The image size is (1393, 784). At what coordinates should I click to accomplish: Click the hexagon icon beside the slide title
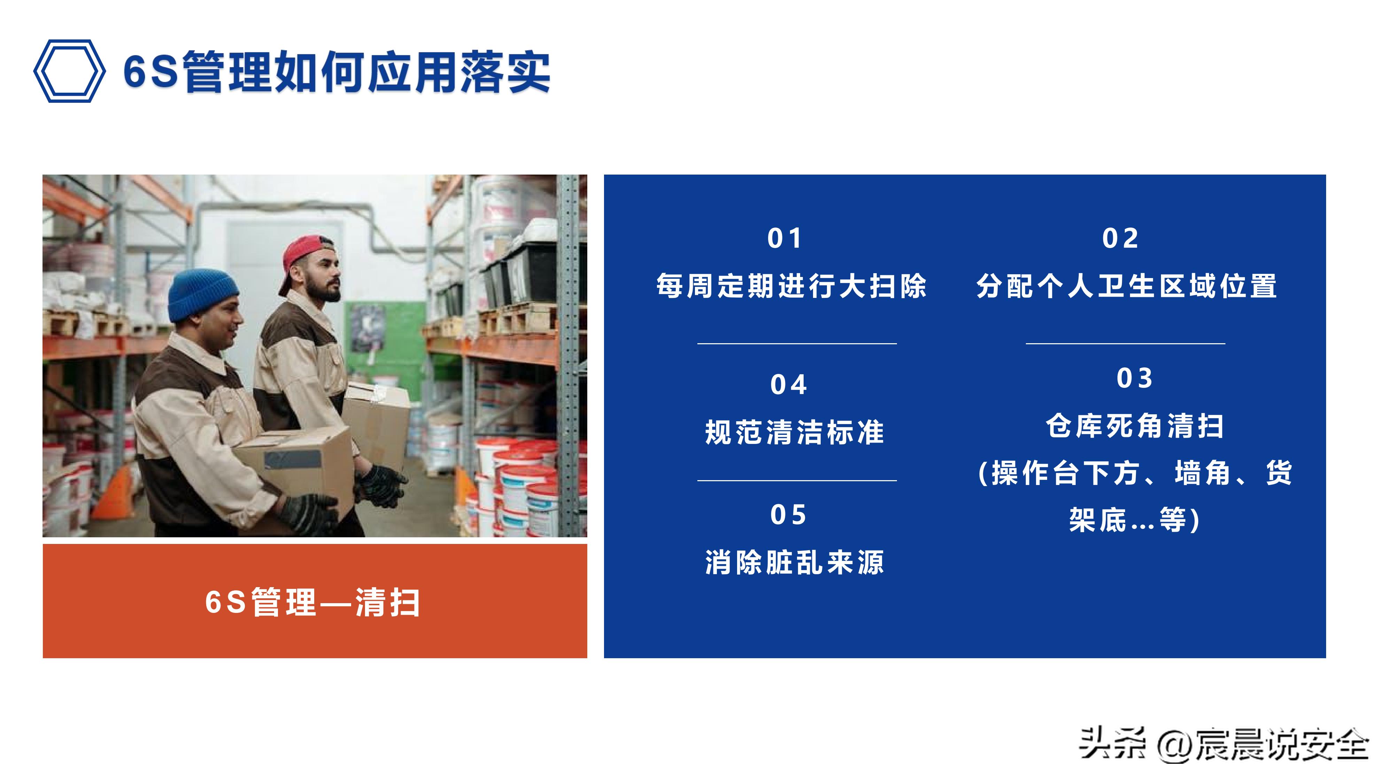click(x=69, y=71)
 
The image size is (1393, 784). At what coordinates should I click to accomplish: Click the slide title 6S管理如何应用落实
click(x=336, y=72)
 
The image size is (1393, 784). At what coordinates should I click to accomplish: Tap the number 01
click(x=785, y=239)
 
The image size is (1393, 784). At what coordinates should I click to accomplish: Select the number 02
click(x=1121, y=239)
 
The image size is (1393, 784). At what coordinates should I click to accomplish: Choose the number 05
click(x=788, y=515)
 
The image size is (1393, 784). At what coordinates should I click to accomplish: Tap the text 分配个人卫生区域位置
click(x=1127, y=286)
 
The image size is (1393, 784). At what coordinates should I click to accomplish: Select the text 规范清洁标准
click(x=794, y=433)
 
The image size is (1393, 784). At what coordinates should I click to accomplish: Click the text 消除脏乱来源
click(x=794, y=563)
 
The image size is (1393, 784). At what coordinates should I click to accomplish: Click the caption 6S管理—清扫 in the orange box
click(x=312, y=602)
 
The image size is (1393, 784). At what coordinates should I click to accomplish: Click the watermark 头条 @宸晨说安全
click(x=1223, y=745)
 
